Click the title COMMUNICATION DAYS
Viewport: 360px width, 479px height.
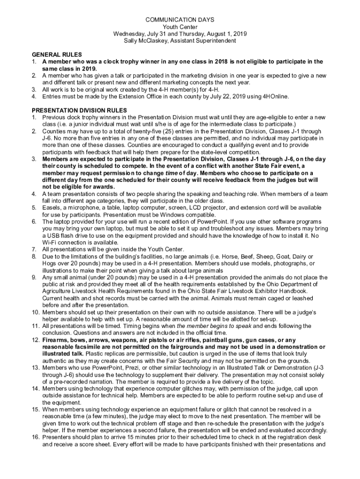(180, 20)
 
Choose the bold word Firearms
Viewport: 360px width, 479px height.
(57, 340)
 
